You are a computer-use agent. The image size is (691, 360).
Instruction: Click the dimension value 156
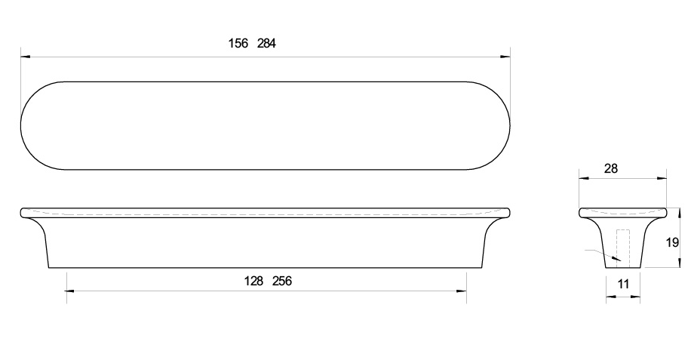238,43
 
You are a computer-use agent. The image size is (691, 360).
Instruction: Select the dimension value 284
266,43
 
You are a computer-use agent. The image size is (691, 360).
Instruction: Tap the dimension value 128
253,281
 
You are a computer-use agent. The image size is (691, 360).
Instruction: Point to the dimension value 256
282,281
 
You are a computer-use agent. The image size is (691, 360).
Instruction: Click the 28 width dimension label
611,168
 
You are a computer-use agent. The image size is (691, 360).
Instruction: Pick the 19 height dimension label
672,242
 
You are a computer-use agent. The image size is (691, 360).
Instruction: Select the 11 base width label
623,284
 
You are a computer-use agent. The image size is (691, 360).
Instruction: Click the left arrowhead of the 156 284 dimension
26,57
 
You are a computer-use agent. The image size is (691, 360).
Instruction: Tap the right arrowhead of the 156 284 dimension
505,57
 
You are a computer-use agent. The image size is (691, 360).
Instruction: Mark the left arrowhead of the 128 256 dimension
71,291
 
